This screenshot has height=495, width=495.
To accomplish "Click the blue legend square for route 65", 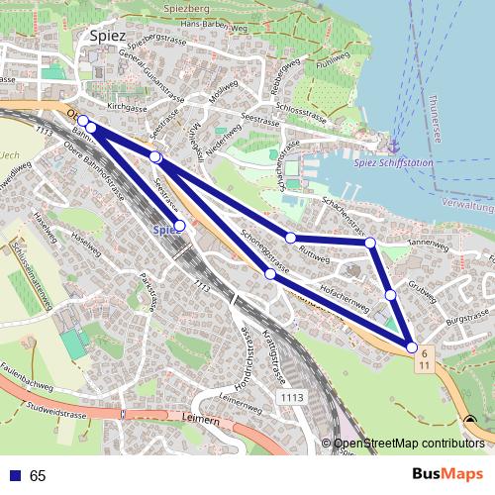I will (x=11, y=475).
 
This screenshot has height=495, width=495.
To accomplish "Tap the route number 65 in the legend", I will (x=39, y=476).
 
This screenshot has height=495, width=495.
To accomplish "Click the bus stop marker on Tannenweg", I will (x=370, y=243).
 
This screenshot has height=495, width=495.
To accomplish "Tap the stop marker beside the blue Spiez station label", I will (x=179, y=226).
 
